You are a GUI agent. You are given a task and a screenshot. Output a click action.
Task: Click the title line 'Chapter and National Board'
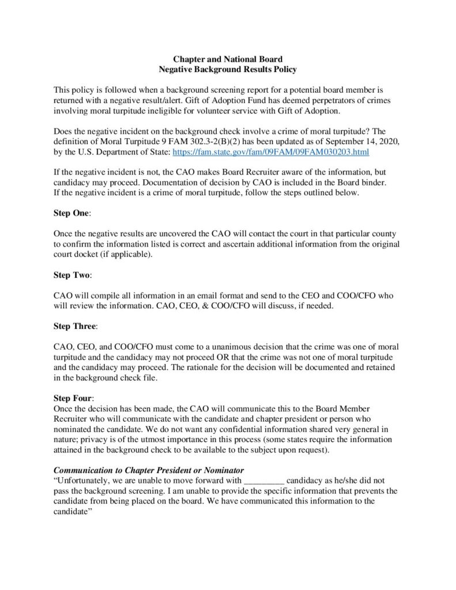pos(228,59)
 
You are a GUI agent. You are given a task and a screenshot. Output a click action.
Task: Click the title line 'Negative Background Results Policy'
pos(228,70)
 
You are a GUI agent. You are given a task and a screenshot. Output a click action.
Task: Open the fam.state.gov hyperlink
pos(270,152)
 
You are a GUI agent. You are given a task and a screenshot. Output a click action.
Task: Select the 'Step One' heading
pos(71,213)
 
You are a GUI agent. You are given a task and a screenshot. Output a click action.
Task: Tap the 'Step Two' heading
pos(71,275)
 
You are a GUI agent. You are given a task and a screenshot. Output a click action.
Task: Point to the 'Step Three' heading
pos(75,326)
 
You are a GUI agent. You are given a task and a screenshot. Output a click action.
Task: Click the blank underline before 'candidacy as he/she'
pos(265,481)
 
